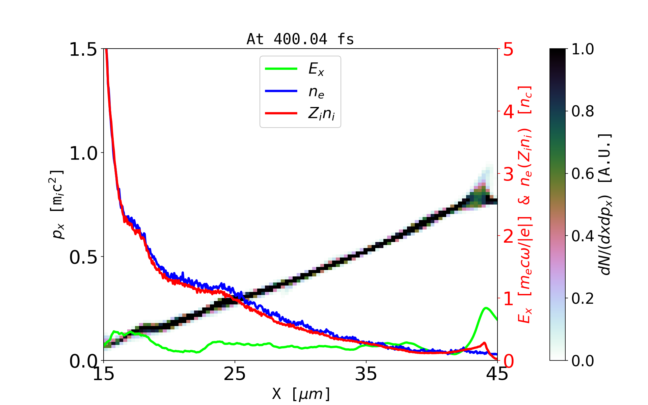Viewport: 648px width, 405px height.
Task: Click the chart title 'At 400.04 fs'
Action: tap(300, 39)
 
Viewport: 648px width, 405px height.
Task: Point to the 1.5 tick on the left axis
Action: tap(83, 49)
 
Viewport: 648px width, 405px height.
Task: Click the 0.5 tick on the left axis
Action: tap(83, 257)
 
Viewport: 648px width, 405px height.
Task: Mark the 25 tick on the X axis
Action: tap(235, 374)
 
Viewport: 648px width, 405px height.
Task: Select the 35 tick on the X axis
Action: tap(366, 374)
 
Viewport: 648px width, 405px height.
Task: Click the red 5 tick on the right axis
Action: tap(508, 50)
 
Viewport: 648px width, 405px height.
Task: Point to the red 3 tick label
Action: tap(508, 174)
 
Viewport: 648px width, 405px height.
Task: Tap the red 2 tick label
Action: tap(508, 237)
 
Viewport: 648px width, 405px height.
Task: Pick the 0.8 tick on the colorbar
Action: tap(583, 111)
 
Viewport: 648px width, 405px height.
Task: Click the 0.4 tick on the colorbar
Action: tap(583, 236)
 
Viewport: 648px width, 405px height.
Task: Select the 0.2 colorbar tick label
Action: tap(583, 298)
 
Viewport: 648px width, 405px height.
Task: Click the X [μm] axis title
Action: tap(301, 394)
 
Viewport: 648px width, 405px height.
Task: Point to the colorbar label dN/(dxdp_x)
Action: tap(606, 204)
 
